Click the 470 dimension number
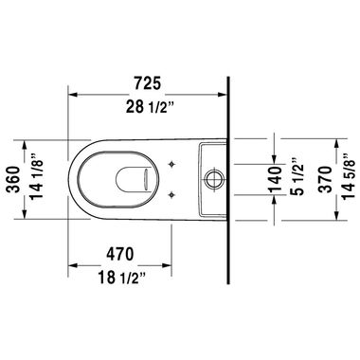coord(124,256)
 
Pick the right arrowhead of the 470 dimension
coord(173,266)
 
